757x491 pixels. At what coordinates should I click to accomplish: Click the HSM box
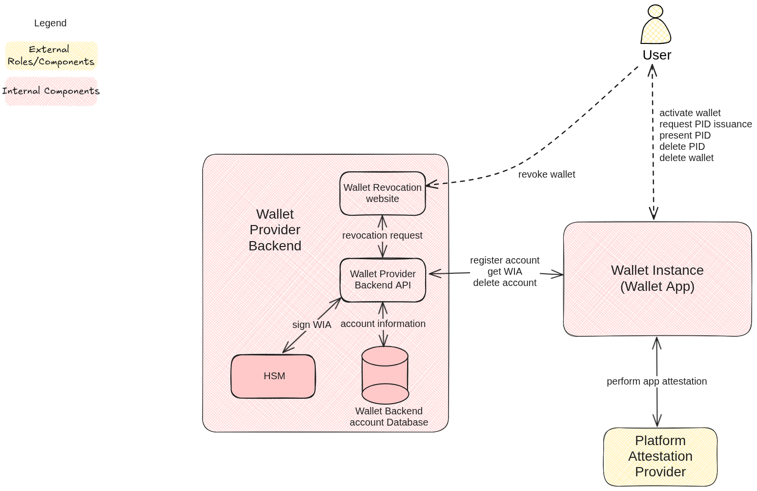tap(273, 376)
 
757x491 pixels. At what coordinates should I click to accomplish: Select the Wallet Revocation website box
tap(383, 193)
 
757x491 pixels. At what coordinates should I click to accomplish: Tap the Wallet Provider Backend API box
tap(383, 280)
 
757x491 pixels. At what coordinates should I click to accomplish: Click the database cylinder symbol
tap(385, 375)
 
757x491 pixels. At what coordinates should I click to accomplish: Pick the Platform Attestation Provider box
tap(660, 456)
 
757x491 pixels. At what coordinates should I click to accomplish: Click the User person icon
tap(655, 25)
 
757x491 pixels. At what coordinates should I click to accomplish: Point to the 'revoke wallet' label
tap(546, 174)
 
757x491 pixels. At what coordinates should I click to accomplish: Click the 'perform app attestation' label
tap(656, 381)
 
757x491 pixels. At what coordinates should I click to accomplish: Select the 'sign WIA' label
tap(311, 325)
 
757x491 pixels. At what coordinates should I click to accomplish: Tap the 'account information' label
tap(383, 324)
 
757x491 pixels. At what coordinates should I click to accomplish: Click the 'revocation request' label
tap(382, 235)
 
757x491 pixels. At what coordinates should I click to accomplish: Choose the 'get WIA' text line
tap(505, 271)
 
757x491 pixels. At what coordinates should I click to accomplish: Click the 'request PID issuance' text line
tap(705, 124)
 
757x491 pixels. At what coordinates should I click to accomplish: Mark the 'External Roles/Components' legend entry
tap(51, 56)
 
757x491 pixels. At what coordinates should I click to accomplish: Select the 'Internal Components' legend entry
tap(51, 91)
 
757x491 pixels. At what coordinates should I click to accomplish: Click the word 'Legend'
tap(50, 23)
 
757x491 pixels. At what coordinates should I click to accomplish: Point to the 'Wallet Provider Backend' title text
tap(275, 230)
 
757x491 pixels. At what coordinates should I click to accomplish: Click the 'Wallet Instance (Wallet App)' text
tap(657, 278)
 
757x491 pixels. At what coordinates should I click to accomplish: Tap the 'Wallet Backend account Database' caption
tap(389, 417)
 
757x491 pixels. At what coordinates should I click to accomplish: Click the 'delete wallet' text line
tap(686, 158)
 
